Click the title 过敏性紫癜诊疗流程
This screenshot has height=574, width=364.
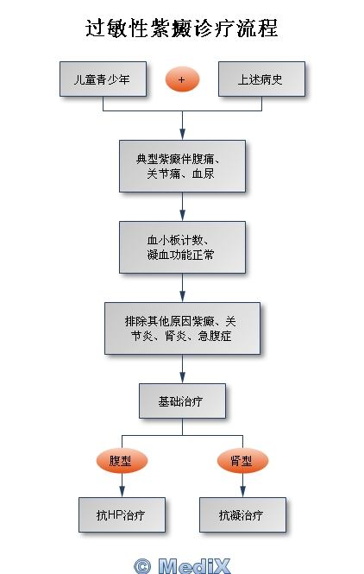(x=182, y=28)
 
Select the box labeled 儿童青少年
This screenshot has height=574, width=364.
(x=103, y=79)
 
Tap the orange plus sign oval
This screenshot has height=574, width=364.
(x=182, y=79)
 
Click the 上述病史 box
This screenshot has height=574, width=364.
(x=261, y=79)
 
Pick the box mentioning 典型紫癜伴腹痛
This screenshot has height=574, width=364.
(x=182, y=166)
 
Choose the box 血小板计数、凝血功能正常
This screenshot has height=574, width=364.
(x=182, y=247)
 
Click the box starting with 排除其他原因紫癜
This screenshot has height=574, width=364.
(x=182, y=328)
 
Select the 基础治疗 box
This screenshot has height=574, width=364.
(x=182, y=401)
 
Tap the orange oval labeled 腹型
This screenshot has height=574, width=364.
(x=122, y=461)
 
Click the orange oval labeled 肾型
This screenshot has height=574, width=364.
(x=242, y=461)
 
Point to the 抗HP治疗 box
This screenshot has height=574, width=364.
(x=122, y=514)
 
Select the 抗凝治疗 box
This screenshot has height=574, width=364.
(x=242, y=514)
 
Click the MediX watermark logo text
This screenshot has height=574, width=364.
(x=195, y=565)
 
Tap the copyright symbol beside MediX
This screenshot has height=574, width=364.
(x=142, y=566)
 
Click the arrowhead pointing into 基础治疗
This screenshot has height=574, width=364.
(x=182, y=377)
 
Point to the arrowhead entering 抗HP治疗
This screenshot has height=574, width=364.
(x=122, y=491)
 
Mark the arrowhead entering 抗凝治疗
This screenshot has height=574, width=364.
(x=242, y=491)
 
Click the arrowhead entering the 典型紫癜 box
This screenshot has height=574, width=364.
(x=182, y=134)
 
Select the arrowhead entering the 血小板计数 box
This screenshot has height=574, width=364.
(x=182, y=215)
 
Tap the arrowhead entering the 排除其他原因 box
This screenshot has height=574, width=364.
(x=182, y=296)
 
